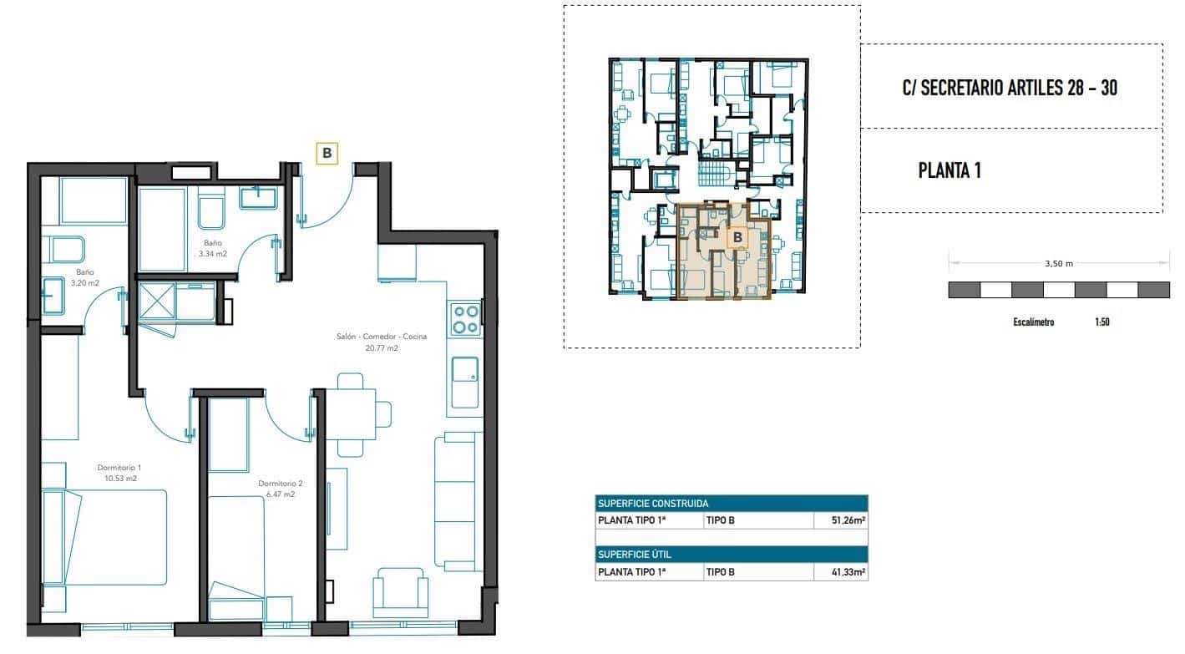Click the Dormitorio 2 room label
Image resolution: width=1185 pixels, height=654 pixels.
(280, 489)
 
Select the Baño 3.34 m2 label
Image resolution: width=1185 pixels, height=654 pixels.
(213, 247)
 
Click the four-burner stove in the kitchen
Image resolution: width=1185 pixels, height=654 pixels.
(465, 319)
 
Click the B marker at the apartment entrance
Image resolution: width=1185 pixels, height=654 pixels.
(327, 153)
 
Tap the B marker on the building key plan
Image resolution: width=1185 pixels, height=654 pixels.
(737, 238)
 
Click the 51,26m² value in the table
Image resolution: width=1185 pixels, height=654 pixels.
(840, 520)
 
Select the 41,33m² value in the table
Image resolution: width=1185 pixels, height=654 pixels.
(840, 572)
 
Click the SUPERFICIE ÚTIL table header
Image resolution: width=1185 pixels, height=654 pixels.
(635, 555)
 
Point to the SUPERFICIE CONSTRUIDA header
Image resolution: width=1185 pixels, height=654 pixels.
(653, 504)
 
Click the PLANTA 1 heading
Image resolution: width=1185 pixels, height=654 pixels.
(949, 171)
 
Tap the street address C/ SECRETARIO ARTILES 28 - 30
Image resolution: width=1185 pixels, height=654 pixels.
(1010, 88)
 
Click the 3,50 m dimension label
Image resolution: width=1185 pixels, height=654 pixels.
(1059, 263)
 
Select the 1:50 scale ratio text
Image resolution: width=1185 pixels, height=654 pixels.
(1101, 322)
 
